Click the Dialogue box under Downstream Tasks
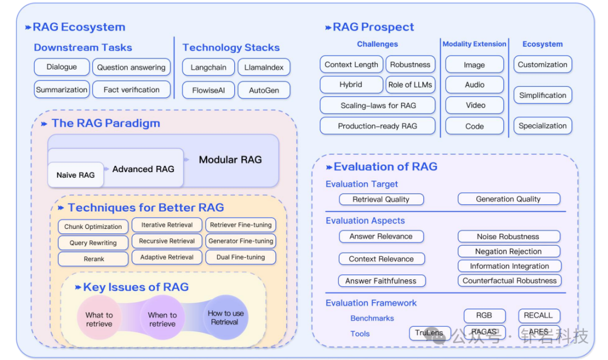pos(62,67)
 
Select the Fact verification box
pos(131,89)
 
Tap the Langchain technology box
pos(208,67)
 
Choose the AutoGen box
pos(263,90)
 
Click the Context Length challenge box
pos(351,65)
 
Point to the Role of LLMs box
pos(410,85)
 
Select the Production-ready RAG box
pos(377,126)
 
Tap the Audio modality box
pos(475,85)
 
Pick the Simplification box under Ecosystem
pos(543,96)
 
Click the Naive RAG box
pos(75,175)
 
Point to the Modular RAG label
pos(230,160)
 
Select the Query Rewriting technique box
pos(93,243)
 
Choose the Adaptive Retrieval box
pos(167,257)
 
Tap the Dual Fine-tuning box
pos(240,257)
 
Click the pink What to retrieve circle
pos(99,319)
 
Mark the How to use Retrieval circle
pos(225,318)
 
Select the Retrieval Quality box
pos(381,199)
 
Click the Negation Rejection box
pos(508,251)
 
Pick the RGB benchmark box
pos(484,316)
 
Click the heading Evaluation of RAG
pos(385,166)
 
